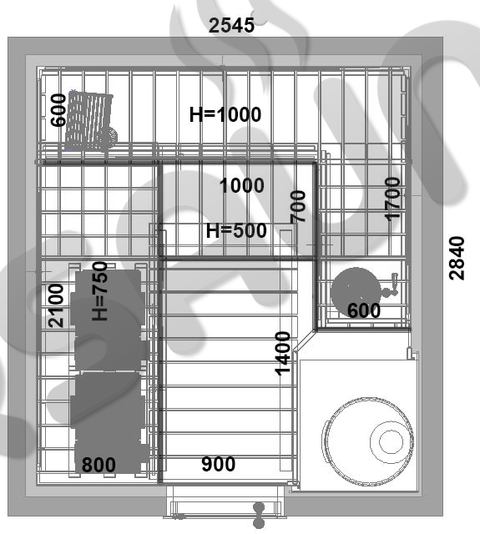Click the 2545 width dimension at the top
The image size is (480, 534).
(x=231, y=26)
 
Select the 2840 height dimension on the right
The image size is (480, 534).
(x=457, y=258)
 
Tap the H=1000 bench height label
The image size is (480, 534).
(x=225, y=114)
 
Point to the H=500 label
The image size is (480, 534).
(x=236, y=230)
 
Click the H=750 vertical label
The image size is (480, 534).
(x=100, y=291)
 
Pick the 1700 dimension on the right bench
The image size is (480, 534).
(x=392, y=199)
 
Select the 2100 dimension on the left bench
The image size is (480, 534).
(x=56, y=306)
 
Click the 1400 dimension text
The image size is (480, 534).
(x=283, y=354)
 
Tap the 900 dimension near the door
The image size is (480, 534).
(x=219, y=464)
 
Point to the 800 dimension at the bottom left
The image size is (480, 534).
(x=99, y=465)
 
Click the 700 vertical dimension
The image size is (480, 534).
(x=298, y=206)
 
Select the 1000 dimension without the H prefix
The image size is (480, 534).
(x=242, y=185)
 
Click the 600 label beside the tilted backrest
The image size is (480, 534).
(x=58, y=110)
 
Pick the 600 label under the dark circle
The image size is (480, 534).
(x=364, y=310)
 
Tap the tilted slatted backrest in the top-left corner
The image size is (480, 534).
(x=89, y=120)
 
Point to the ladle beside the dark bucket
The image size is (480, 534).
(x=391, y=285)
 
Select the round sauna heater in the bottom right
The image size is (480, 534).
(x=368, y=441)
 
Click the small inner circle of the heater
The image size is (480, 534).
(x=391, y=441)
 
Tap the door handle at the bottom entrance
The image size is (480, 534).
(x=259, y=515)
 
